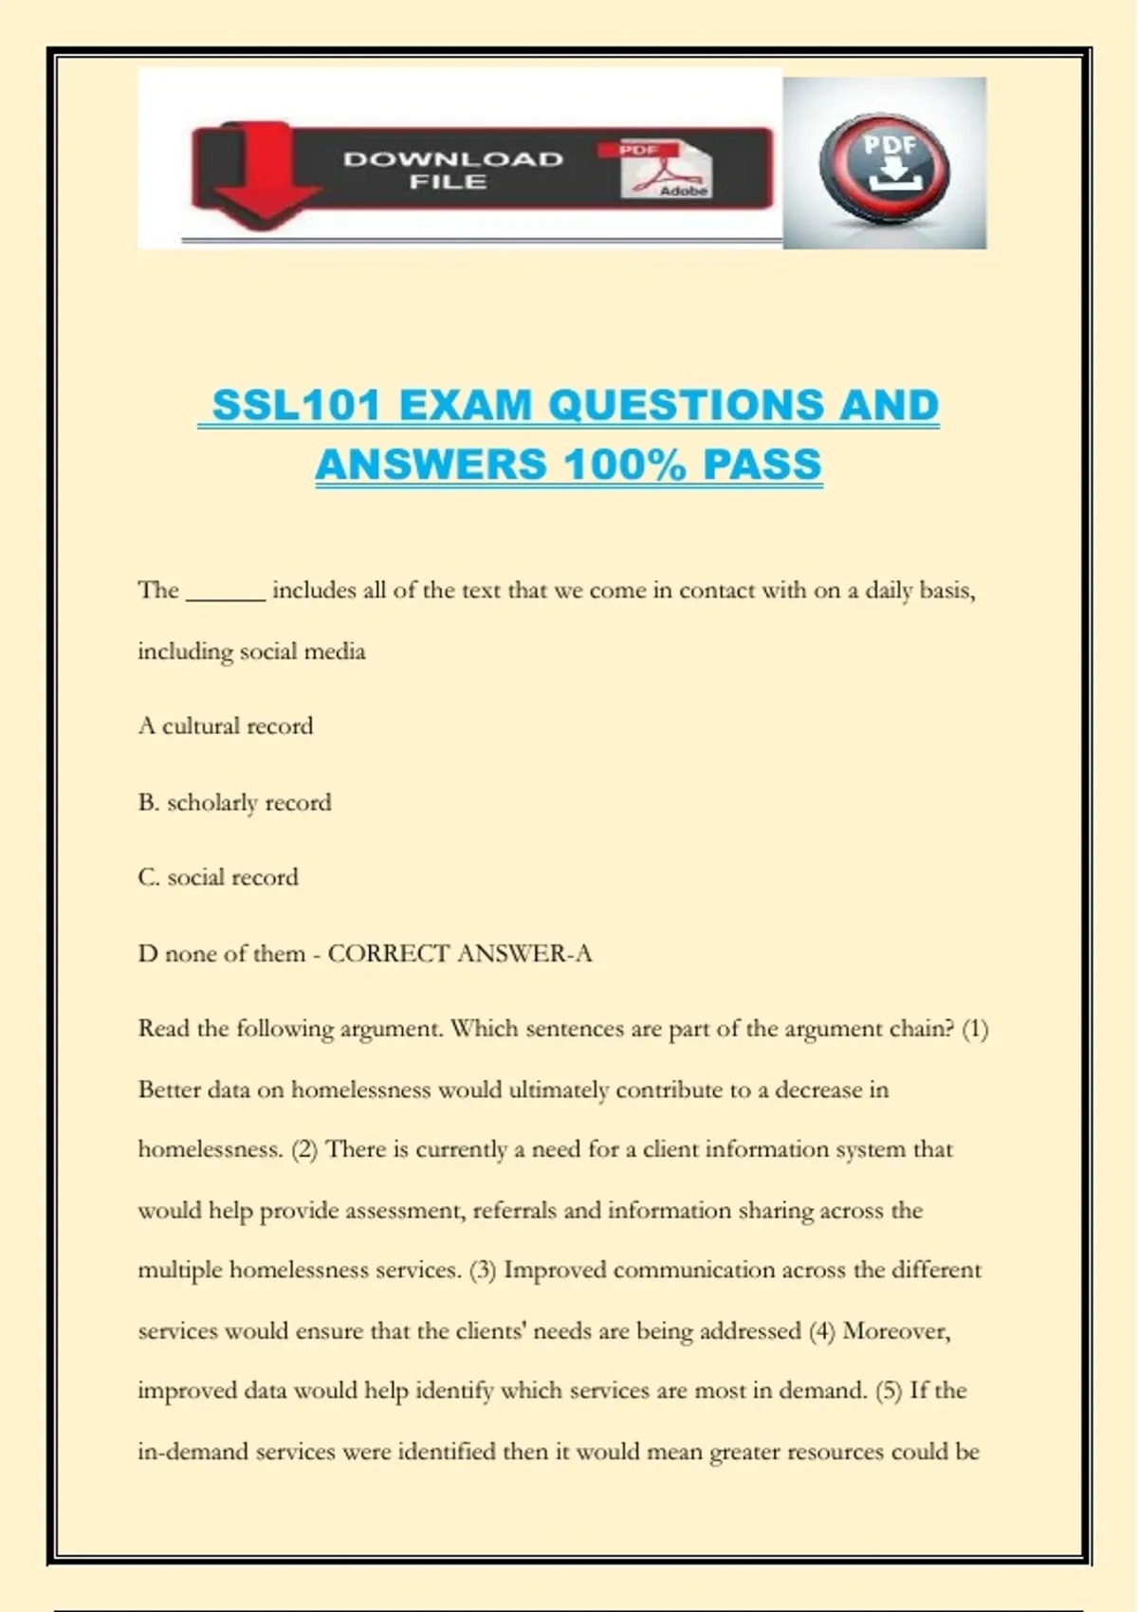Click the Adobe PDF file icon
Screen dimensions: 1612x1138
(x=666, y=170)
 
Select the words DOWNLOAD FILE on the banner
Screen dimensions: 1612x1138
(x=452, y=170)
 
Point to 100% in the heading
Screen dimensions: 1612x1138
(x=624, y=465)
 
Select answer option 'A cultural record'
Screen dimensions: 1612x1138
(x=226, y=726)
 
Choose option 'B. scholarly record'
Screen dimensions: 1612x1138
(x=235, y=802)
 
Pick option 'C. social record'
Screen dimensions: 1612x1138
(x=218, y=877)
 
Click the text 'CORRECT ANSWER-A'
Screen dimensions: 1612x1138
(x=460, y=953)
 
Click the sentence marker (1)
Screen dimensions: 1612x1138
(x=975, y=1029)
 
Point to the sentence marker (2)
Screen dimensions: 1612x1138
(x=304, y=1149)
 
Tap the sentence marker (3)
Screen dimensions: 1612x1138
(x=483, y=1270)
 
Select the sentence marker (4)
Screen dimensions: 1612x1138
(x=821, y=1330)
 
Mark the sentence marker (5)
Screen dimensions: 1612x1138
(x=889, y=1391)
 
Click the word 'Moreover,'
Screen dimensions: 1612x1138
(x=896, y=1330)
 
